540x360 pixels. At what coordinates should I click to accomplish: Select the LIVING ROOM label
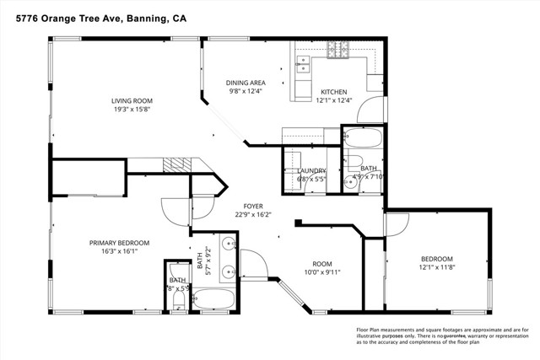pyautogui.click(x=138, y=101)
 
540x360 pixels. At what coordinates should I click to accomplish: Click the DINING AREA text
pyautogui.click(x=246, y=83)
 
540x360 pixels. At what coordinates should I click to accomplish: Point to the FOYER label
pyautogui.click(x=253, y=206)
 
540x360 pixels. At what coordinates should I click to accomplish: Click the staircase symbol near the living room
pyautogui.click(x=176, y=165)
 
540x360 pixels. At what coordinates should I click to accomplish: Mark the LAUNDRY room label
pyautogui.click(x=310, y=170)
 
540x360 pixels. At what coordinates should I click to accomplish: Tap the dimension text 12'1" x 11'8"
pyautogui.click(x=437, y=267)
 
